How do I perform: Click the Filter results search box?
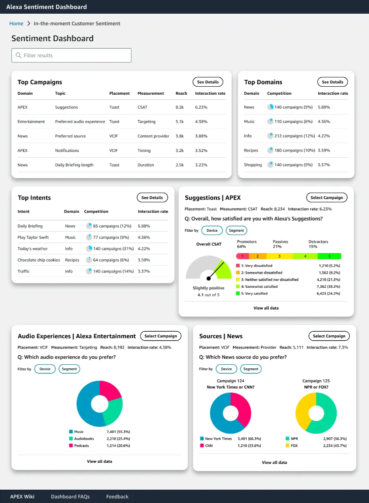71,55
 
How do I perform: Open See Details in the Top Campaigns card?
208,82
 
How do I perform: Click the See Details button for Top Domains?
332,82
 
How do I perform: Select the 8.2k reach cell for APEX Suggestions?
179,107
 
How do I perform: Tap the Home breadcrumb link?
16,23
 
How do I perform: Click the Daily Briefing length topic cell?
74,165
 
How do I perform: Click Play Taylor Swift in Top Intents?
33,237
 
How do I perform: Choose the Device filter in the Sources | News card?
226,369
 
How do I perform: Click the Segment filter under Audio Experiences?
69,369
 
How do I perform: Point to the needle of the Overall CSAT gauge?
216,270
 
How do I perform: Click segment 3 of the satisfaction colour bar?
279,256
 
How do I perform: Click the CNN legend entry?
208,445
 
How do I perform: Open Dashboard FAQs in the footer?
70,497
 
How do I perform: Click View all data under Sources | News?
274,462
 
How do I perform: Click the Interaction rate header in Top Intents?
153,211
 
